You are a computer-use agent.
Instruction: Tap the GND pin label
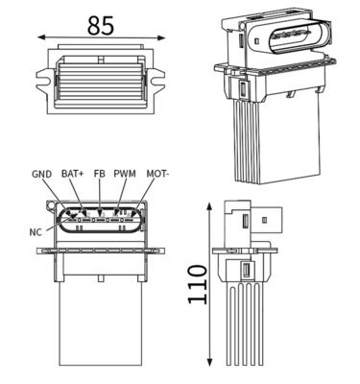point(41,175)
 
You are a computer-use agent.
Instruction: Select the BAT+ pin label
point(72,175)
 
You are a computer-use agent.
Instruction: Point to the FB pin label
point(99,175)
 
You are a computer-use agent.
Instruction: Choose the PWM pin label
point(125,175)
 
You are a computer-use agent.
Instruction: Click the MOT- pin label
point(157,175)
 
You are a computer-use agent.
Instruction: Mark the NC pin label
point(36,231)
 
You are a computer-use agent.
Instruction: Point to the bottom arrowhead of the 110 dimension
point(209,365)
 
